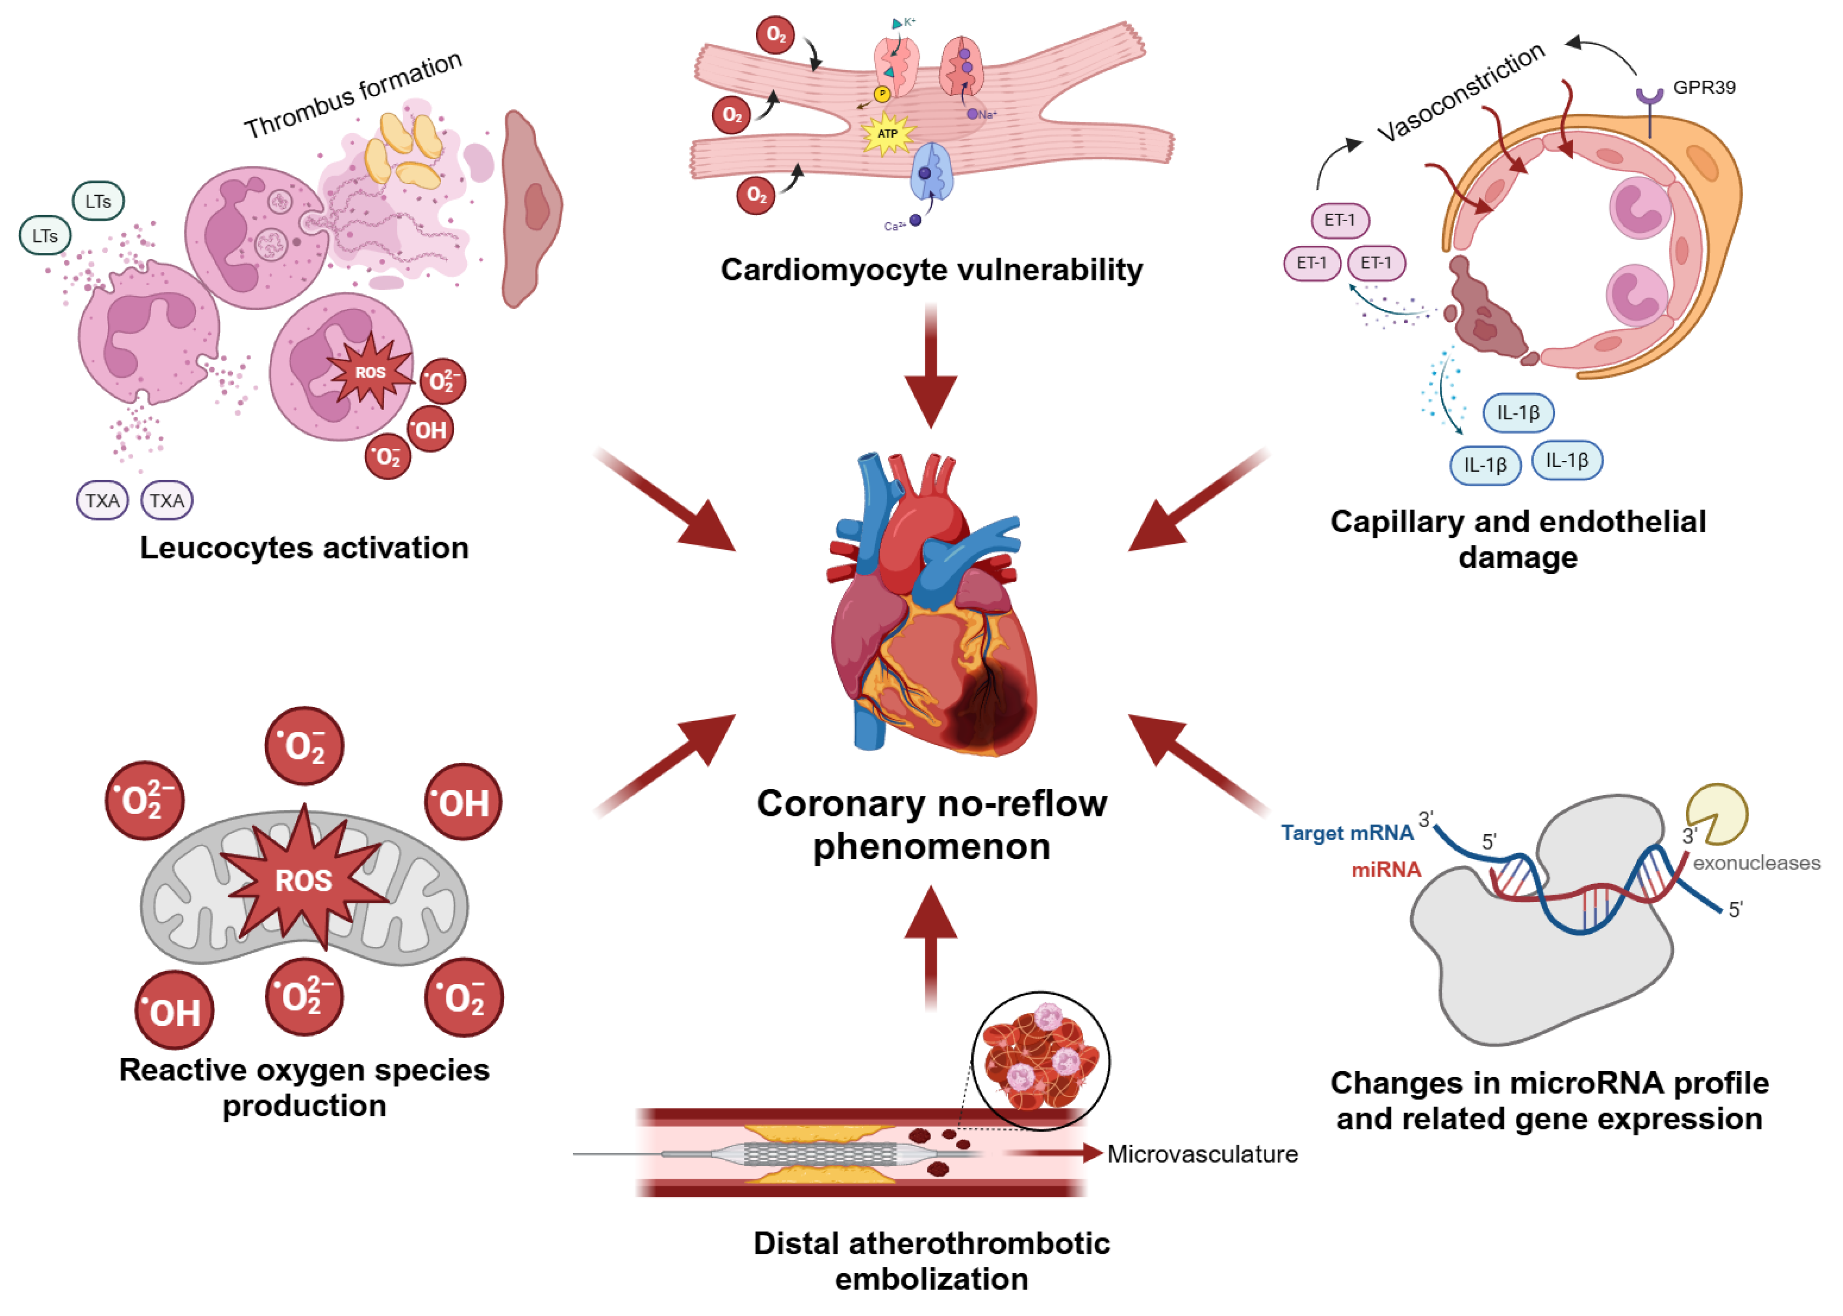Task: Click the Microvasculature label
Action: [x=1201, y=1154]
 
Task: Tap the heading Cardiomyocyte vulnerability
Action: [x=931, y=270]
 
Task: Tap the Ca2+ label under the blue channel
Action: [x=893, y=226]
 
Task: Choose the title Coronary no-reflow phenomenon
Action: [x=931, y=825]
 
